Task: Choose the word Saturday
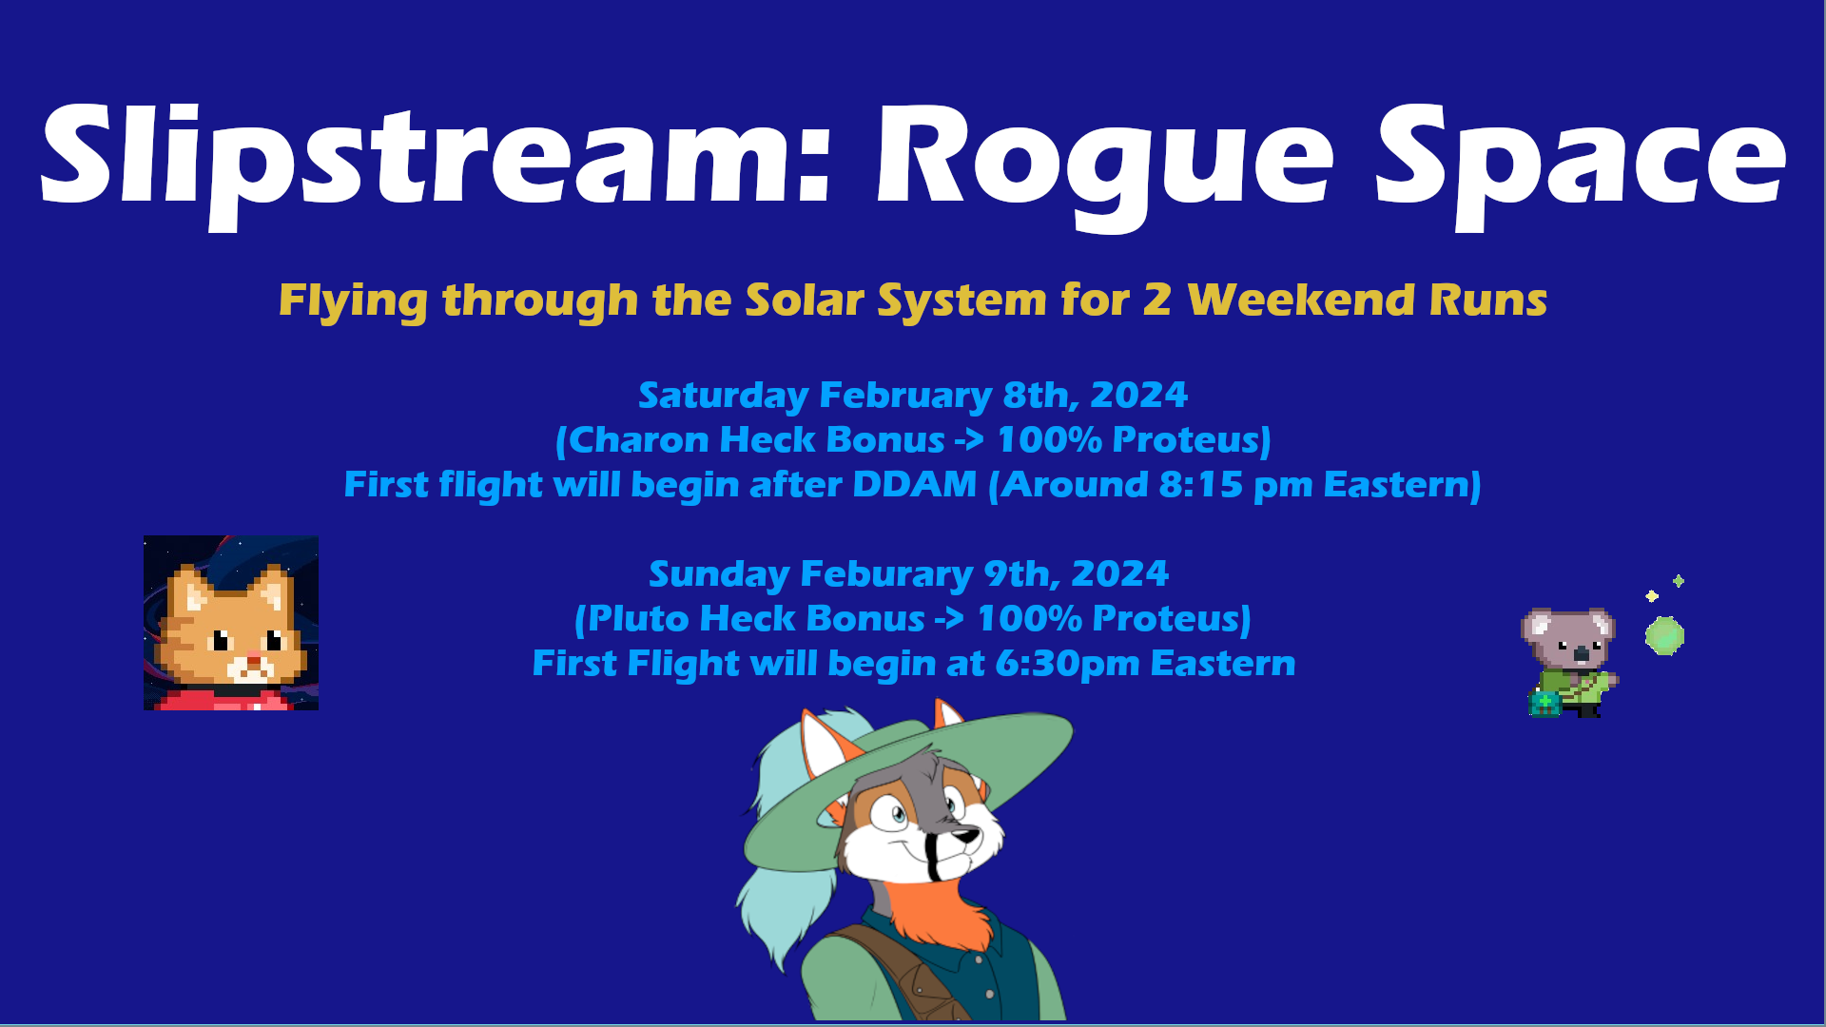(x=722, y=396)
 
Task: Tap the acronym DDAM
(x=914, y=484)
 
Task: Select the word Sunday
(x=720, y=574)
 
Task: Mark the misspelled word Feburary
(x=886, y=574)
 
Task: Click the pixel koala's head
(x=1568, y=636)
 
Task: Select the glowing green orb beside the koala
(x=1664, y=635)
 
